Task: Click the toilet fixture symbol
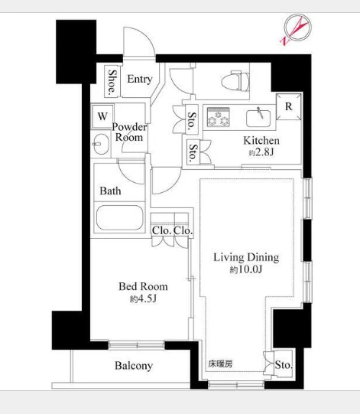tap(235, 81)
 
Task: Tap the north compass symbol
tap(297, 29)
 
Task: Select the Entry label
tap(140, 79)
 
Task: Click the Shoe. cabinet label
tap(112, 82)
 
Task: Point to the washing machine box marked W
tap(102, 116)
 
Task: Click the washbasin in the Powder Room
tap(100, 144)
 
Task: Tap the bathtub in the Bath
tap(119, 217)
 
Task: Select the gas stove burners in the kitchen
tap(218, 116)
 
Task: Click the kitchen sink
tap(258, 118)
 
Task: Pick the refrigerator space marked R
tap(288, 106)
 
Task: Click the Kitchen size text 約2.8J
tap(261, 152)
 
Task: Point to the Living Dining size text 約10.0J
tap(246, 269)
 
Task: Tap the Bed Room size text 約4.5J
tap(143, 298)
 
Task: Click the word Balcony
tap(134, 366)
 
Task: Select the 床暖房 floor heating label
tap(220, 364)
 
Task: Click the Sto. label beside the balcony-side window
tap(284, 365)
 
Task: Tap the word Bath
tap(110, 191)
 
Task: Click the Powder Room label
tap(129, 132)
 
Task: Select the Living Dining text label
tap(246, 257)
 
